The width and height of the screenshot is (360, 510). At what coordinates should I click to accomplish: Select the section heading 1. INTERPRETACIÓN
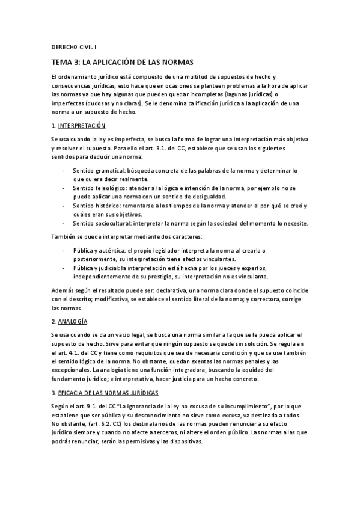79,126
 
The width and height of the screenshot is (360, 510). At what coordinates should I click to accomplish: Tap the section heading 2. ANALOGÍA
70,322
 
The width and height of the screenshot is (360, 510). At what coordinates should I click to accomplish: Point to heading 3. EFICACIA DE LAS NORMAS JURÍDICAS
105,393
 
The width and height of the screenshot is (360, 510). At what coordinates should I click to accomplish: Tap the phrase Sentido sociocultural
99,223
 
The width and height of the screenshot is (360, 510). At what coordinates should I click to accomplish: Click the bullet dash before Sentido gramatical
64,171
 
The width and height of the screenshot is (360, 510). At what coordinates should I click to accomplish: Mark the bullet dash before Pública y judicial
64,267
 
